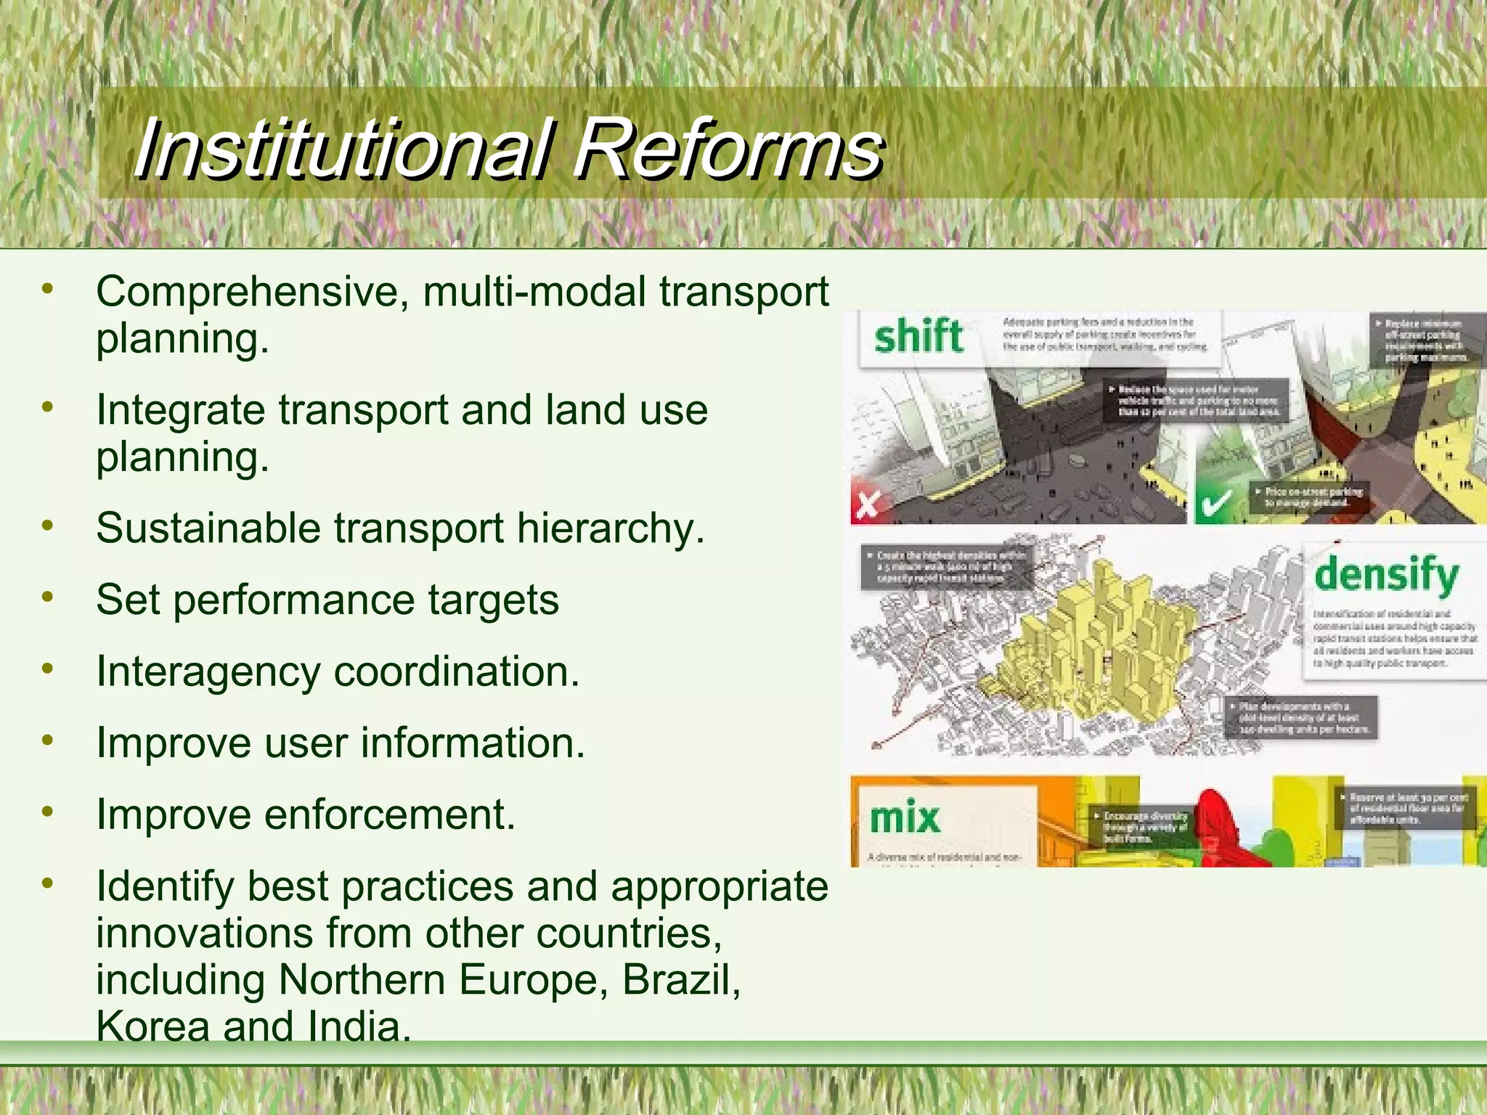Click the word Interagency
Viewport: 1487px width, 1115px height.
point(208,671)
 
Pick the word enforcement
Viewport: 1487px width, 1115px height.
point(389,814)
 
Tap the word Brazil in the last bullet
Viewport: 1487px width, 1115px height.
point(680,980)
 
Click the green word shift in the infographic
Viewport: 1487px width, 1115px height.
point(918,337)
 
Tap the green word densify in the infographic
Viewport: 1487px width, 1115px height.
point(1386,575)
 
